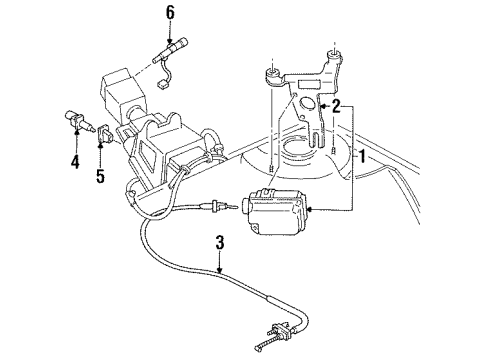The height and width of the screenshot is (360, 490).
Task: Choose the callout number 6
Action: (170, 12)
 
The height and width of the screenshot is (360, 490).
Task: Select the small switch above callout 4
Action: (79, 123)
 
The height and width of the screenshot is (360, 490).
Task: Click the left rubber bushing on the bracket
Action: (272, 73)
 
